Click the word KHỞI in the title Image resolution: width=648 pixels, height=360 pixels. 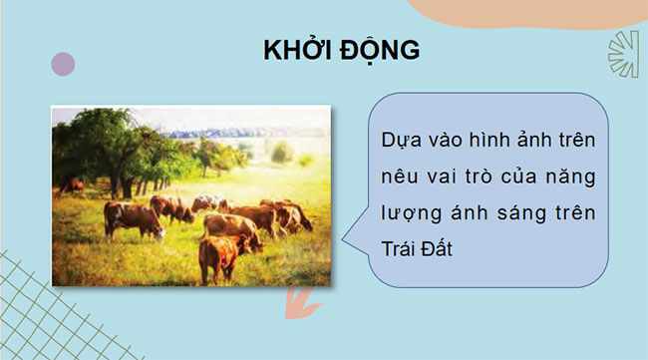(296, 51)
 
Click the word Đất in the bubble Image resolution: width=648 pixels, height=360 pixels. (439, 247)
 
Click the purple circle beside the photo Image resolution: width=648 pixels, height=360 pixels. (63, 65)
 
